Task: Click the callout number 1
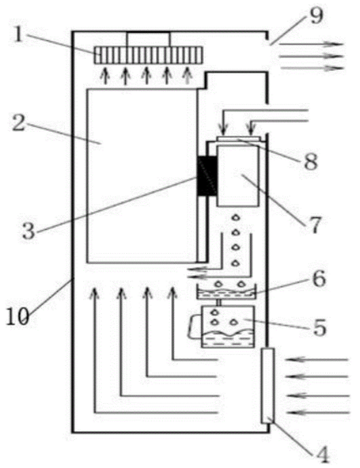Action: pos(18,36)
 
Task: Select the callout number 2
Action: pos(19,123)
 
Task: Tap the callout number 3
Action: pos(29,231)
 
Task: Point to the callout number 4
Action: pos(322,455)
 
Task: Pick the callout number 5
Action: pos(319,327)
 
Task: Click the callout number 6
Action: pos(319,279)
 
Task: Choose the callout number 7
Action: pos(316,225)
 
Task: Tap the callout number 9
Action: pos(316,16)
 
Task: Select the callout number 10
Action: pos(18,317)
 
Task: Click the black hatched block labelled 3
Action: pos(208,176)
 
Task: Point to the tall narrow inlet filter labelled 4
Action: pos(268,385)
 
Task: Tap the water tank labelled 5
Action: pos(228,327)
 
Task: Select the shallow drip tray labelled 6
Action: pos(226,292)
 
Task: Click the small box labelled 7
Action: pos(238,176)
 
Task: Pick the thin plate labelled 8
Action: pos(239,139)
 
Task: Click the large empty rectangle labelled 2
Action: pos(141,176)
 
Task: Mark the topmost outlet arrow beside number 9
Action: pos(311,44)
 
